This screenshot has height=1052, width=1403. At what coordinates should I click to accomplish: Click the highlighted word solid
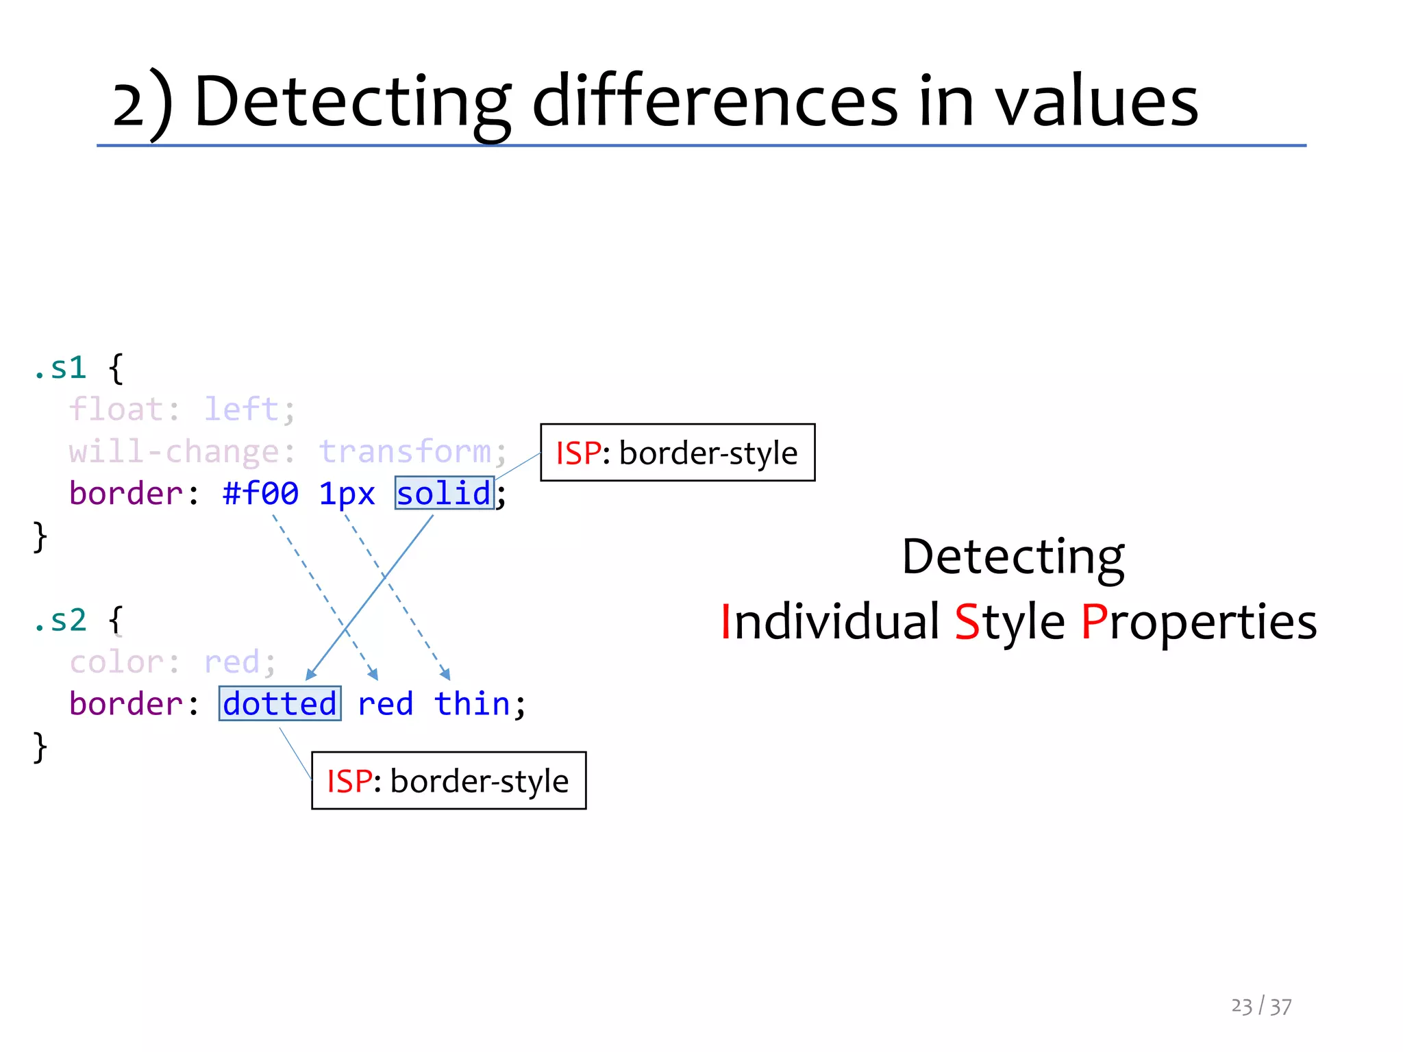tap(444, 493)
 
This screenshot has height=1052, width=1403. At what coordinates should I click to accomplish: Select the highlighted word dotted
tap(280, 703)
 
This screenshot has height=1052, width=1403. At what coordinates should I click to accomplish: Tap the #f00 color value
tap(260, 493)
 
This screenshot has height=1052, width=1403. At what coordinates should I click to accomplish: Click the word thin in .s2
tap(473, 703)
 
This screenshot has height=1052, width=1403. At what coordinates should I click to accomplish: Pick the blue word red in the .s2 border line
tap(385, 703)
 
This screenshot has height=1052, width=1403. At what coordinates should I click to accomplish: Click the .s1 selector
tap(60, 368)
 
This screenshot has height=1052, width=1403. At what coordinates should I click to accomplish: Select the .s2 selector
tap(60, 620)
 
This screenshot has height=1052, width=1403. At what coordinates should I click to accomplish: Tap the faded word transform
tap(405, 451)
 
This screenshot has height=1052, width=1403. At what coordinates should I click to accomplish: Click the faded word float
tap(115, 410)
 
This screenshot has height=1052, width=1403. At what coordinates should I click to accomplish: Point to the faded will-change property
tap(173, 451)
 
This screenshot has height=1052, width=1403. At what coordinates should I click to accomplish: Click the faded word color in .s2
tap(116, 662)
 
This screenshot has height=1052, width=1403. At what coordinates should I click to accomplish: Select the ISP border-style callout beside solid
tap(677, 453)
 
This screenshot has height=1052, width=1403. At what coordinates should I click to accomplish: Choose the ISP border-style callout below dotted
tap(448, 781)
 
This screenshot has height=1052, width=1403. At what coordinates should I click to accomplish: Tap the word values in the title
tap(1096, 101)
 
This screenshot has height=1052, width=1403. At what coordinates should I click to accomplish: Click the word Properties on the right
tap(1199, 622)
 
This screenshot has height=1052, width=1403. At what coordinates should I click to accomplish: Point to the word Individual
tap(830, 622)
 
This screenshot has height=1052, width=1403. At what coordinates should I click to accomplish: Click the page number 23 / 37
tap(1261, 1006)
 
